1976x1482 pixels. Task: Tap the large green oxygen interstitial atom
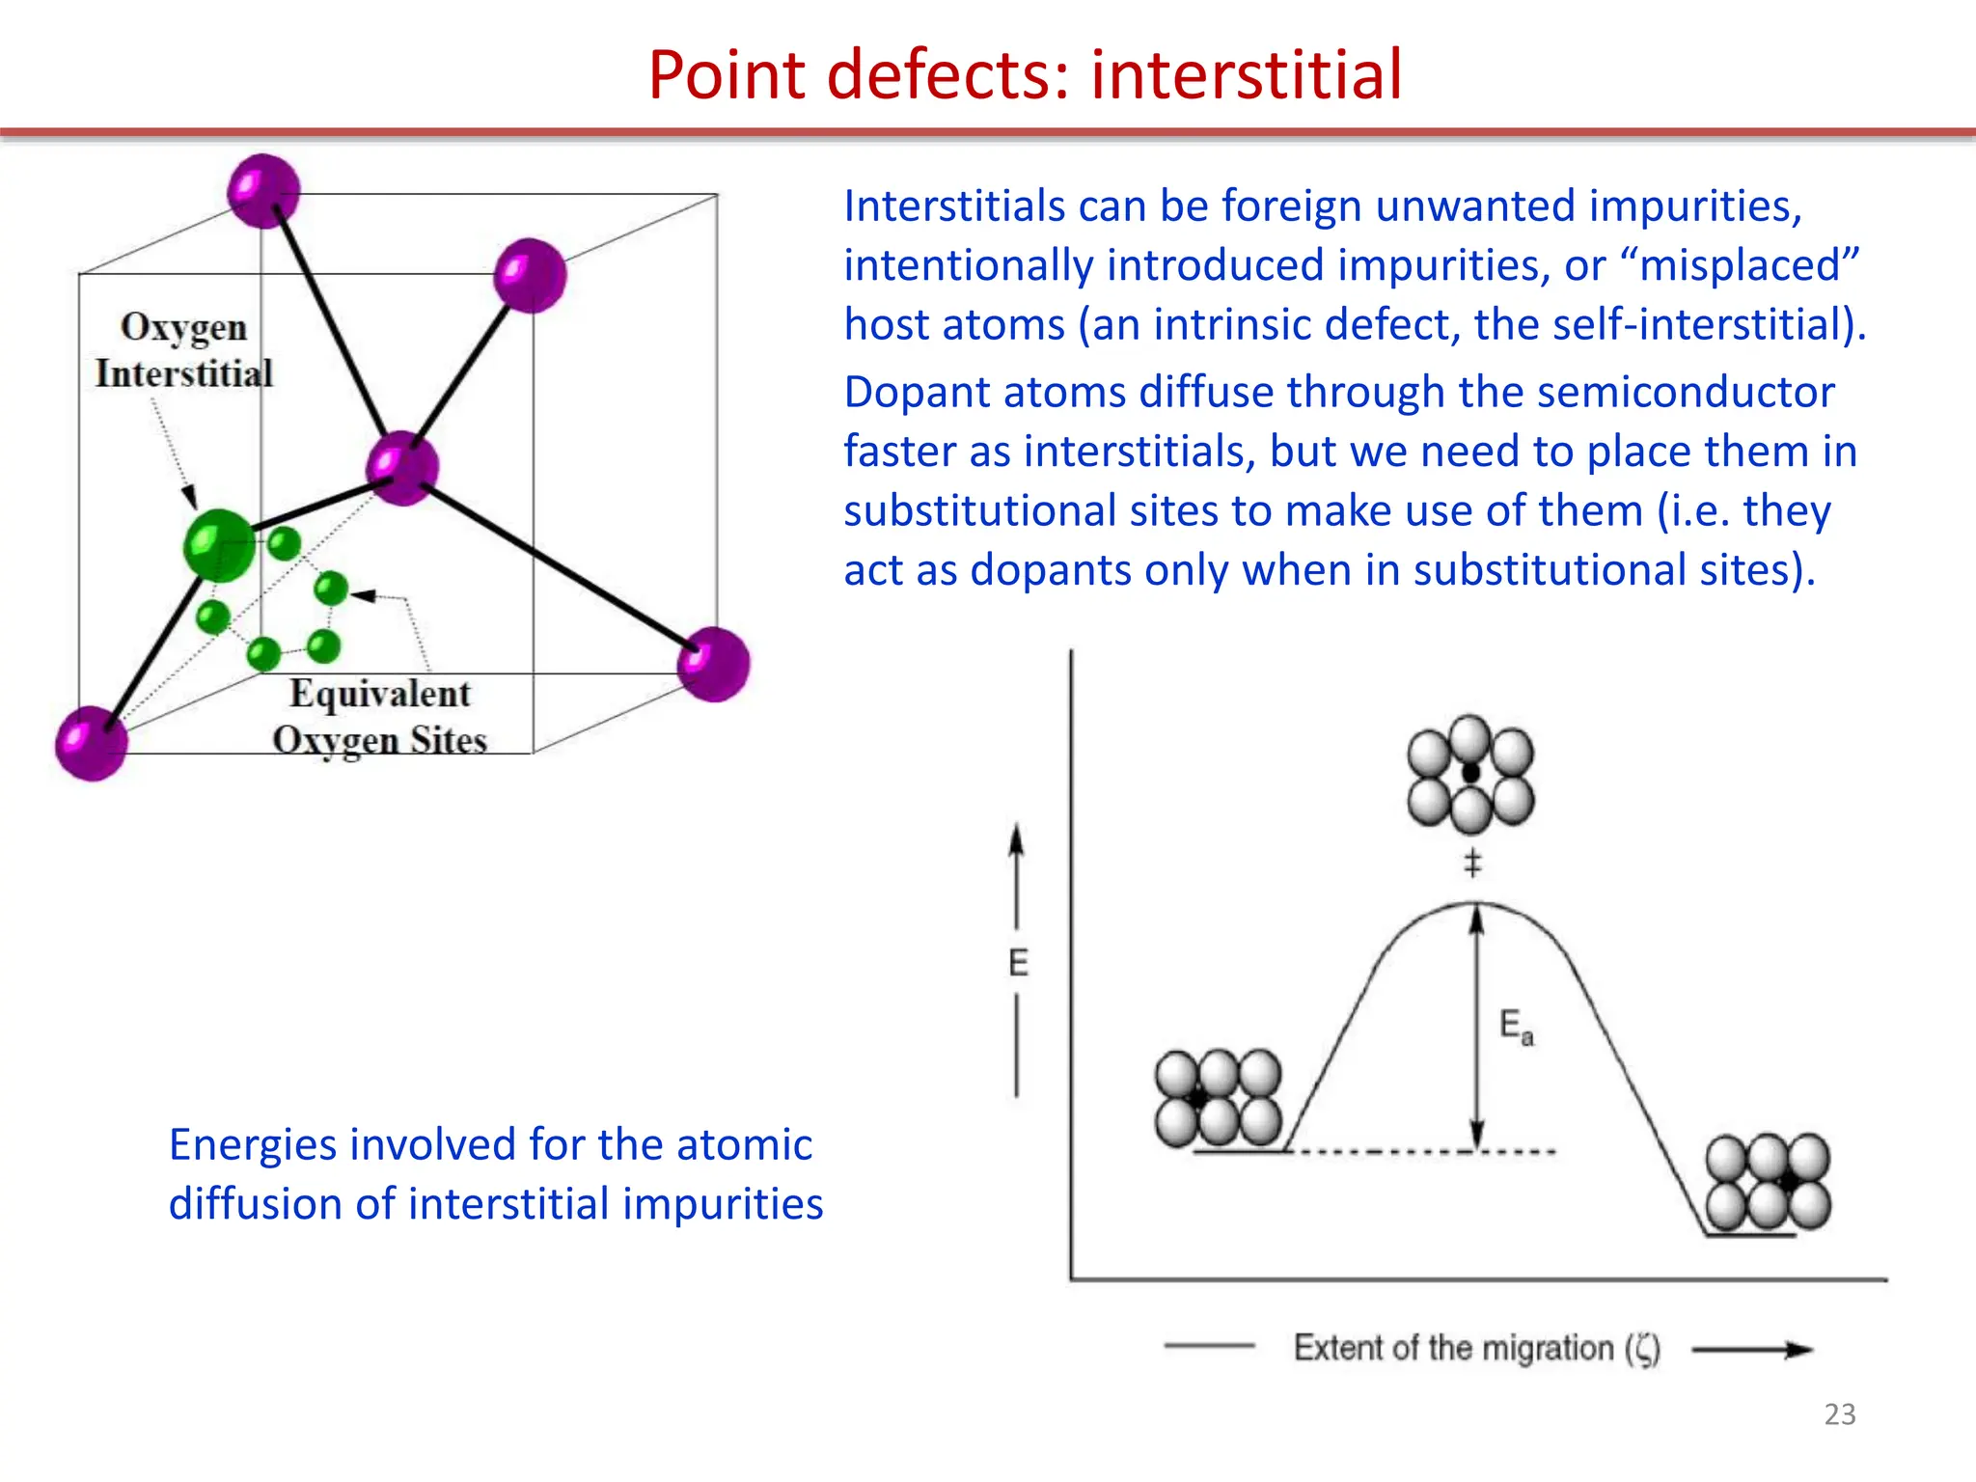[219, 545]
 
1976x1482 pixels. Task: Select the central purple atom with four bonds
[402, 468]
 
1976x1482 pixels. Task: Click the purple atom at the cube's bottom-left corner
[92, 743]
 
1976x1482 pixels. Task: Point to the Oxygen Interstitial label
[183, 350]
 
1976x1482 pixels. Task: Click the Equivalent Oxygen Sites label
[379, 717]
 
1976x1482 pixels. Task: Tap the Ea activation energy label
[1516, 1026]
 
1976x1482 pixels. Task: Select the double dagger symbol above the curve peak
[1472, 862]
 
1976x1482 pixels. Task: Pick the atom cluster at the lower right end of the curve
[1768, 1182]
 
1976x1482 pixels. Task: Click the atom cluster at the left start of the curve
[1218, 1098]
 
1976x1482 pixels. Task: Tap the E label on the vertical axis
[1018, 962]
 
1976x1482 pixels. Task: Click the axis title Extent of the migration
[1476, 1348]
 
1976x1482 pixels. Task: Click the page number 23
[1839, 1413]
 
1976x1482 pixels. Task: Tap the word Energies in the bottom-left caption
[253, 1145]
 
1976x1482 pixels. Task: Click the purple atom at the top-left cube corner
[263, 190]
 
